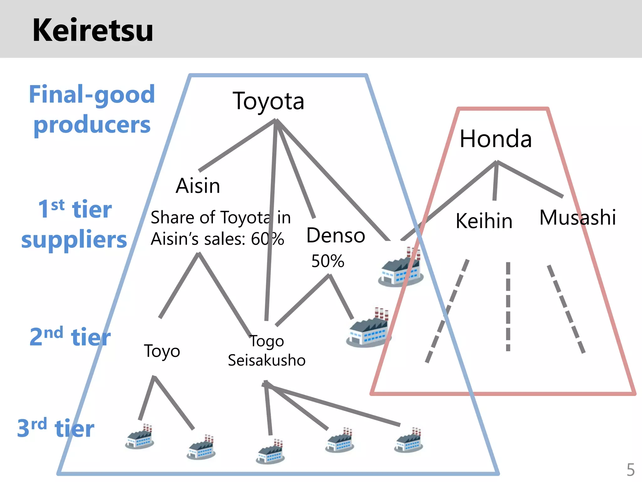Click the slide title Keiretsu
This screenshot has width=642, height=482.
(93, 30)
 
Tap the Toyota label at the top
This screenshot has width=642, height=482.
(268, 101)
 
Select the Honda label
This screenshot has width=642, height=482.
(496, 139)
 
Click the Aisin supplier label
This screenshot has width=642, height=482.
(198, 186)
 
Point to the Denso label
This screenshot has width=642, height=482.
(336, 235)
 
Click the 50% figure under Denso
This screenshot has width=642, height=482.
(328, 261)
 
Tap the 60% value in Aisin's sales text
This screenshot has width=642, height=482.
(267, 239)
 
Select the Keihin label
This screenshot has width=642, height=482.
(484, 221)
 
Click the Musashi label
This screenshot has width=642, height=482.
(577, 217)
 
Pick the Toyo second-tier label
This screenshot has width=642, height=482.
(162, 351)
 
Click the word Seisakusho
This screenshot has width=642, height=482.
(266, 360)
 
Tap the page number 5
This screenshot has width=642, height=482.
(630, 470)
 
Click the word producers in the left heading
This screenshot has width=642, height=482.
(92, 125)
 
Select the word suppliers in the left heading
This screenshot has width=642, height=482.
(74, 240)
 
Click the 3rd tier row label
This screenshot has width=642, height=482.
(56, 428)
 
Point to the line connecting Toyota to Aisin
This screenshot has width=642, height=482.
(237, 145)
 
